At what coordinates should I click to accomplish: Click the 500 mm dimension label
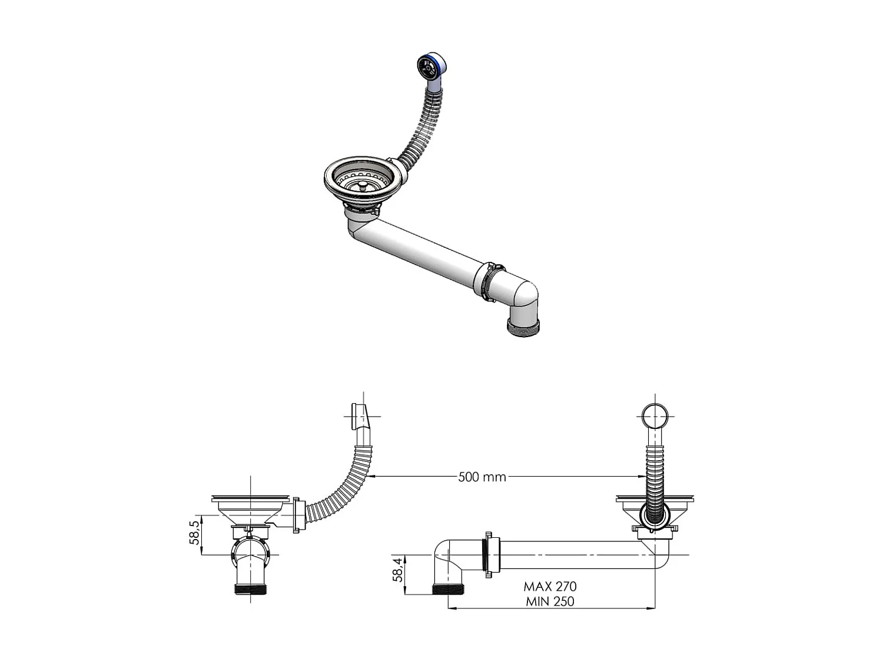[482, 477]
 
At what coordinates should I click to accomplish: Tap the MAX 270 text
[550, 586]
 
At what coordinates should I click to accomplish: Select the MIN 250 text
[550, 601]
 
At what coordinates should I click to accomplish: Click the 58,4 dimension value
[399, 570]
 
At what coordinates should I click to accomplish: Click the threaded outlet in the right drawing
[449, 588]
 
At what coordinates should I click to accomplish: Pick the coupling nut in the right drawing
[489, 554]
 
